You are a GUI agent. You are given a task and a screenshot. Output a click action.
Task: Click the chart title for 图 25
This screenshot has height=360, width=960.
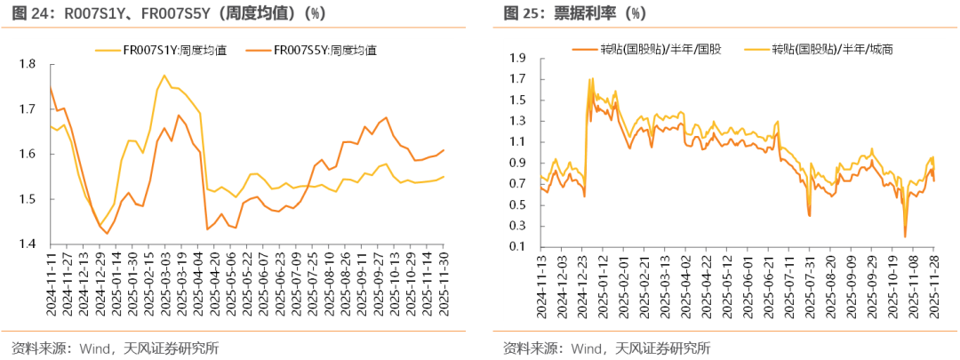pyautogui.click(x=575, y=13)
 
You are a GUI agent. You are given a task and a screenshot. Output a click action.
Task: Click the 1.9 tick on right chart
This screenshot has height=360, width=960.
pyautogui.click(x=517, y=58)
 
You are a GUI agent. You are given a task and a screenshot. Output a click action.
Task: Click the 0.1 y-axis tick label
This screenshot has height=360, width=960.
pyautogui.click(x=517, y=246)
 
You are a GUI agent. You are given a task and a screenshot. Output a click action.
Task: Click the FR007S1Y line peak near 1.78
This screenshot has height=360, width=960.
pyautogui.click(x=164, y=76)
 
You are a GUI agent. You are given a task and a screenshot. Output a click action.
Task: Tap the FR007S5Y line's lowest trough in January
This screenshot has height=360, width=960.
pyautogui.click(x=108, y=234)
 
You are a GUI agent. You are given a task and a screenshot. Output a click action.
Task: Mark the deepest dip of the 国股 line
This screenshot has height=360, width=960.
pyautogui.click(x=905, y=236)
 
